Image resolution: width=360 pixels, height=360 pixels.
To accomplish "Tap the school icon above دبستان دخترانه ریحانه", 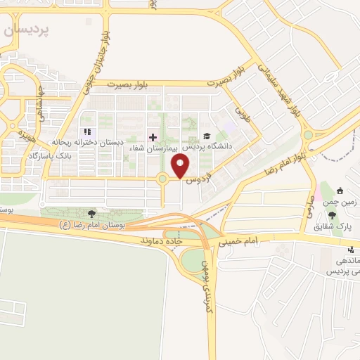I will (86, 132).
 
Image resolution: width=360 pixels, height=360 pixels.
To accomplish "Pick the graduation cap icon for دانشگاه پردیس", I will (206, 136).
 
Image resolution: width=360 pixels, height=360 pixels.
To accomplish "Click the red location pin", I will (181, 167).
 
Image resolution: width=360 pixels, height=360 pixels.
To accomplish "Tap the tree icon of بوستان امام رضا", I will (91, 213).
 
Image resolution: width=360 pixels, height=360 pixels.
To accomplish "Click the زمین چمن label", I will (345, 202).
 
